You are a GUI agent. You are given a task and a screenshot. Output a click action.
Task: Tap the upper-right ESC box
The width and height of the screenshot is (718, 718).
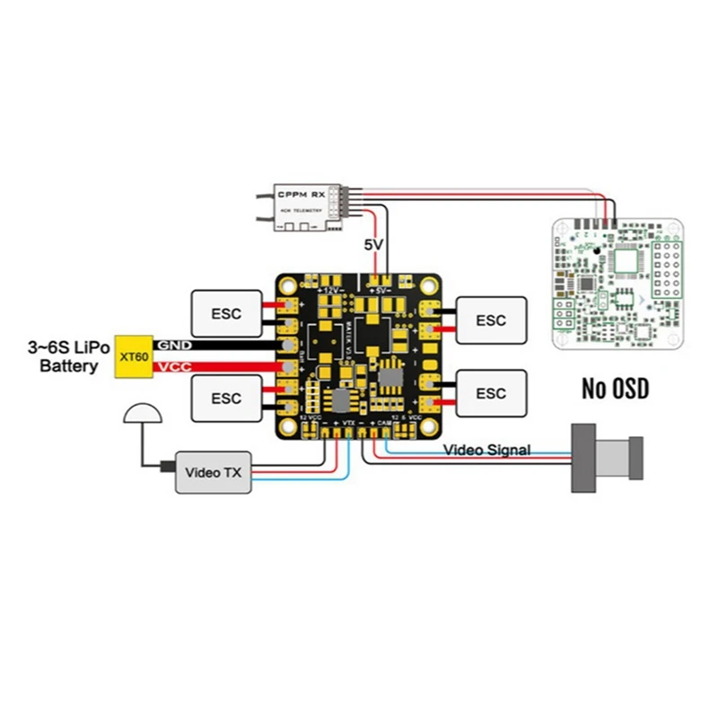click(491, 320)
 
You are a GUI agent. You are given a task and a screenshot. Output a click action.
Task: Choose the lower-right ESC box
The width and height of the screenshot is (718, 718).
click(491, 393)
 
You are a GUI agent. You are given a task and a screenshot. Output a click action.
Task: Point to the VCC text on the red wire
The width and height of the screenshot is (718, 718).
click(171, 368)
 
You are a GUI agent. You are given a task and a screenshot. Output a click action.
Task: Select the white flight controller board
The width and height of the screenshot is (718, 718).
click(614, 284)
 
